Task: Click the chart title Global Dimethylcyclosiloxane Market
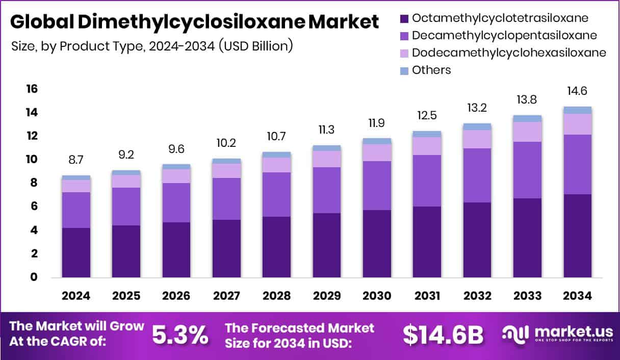coord(194,22)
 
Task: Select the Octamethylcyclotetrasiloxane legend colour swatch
coord(404,18)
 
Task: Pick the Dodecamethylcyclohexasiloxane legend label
coord(509,53)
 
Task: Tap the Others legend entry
coord(431,70)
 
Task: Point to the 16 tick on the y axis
coord(32,89)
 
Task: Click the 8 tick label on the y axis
coord(34,183)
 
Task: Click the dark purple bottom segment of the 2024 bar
coord(76,252)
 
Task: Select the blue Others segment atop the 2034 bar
coord(577,110)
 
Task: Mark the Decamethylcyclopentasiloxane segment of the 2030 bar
coord(377,186)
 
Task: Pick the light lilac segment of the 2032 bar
coord(477,139)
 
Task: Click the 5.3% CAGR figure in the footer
coord(180,335)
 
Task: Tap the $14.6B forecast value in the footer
coord(442,335)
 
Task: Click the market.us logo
coord(555,335)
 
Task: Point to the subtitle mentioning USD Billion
coord(152,45)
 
